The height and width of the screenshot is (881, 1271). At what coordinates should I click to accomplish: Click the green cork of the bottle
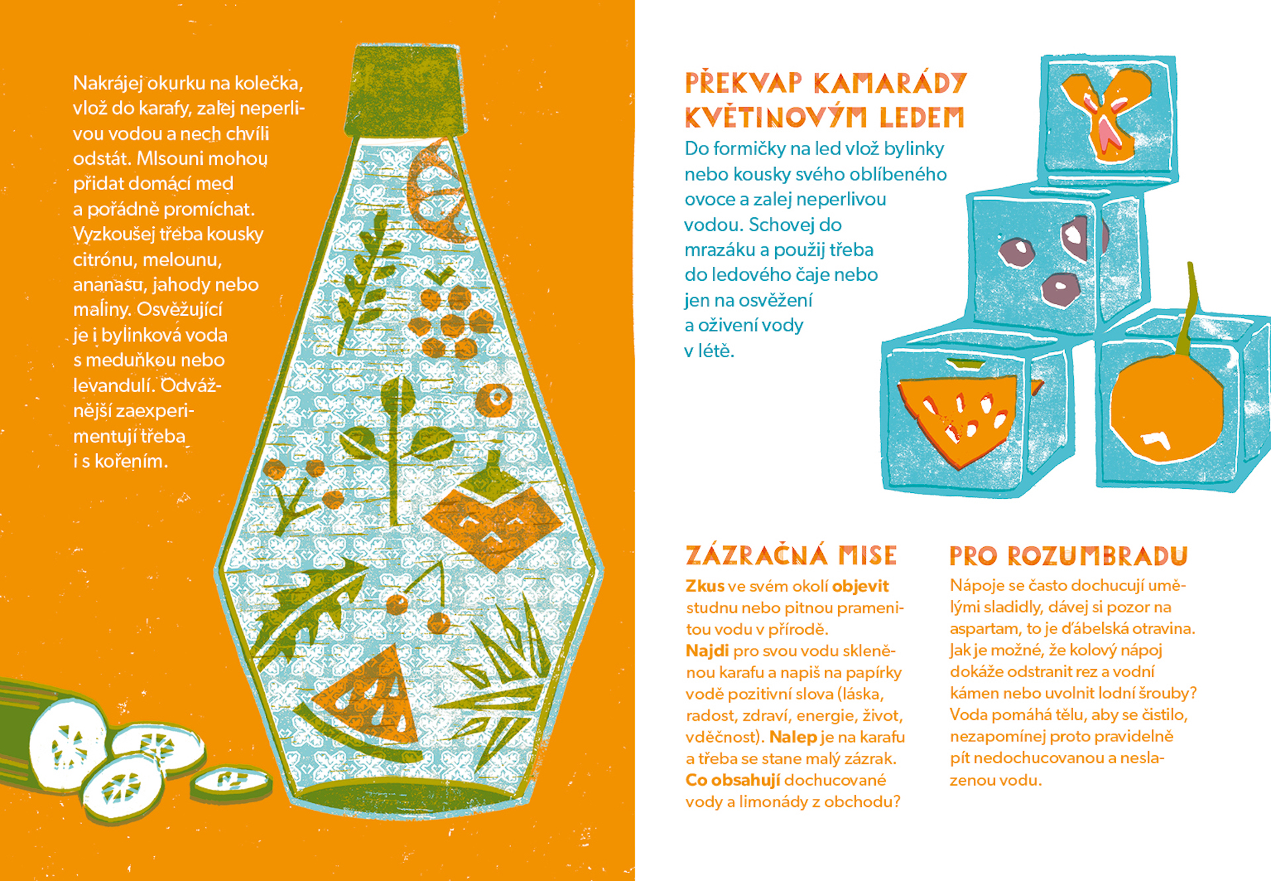pos(405,91)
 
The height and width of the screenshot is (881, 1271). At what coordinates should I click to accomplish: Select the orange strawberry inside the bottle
pos(491,513)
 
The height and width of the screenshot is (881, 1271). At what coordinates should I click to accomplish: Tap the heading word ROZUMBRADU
pos(1098,556)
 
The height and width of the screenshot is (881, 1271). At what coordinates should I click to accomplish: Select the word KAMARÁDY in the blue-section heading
pos(890,83)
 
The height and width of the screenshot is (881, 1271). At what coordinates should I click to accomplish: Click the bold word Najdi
pos(707,651)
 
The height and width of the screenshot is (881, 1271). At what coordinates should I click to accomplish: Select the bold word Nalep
pos(793,737)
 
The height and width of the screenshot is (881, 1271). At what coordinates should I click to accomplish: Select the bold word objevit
pos(861,586)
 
